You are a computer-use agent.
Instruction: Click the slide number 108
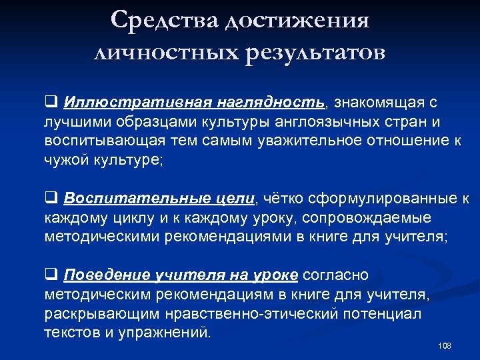[445, 346]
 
